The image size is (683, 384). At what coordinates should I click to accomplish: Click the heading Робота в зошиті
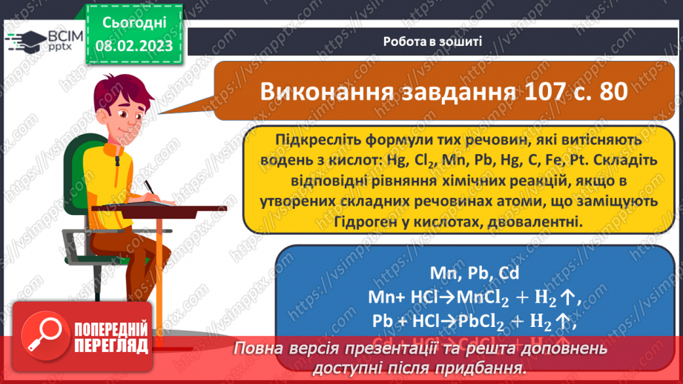tap(434, 42)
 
